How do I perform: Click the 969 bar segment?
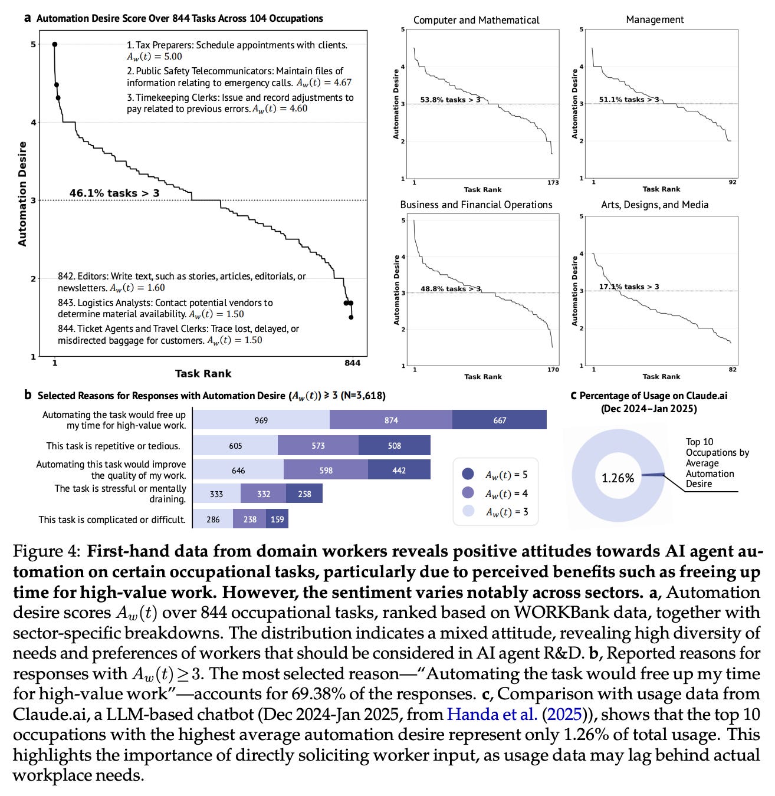click(x=261, y=420)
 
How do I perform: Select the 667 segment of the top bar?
click(x=500, y=420)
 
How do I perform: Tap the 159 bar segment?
click(x=277, y=519)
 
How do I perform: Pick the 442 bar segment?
click(x=399, y=471)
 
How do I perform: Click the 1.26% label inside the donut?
click(x=618, y=478)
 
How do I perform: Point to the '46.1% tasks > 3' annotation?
click(x=114, y=193)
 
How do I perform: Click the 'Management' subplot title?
click(x=655, y=19)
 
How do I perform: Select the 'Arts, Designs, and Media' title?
click(x=655, y=205)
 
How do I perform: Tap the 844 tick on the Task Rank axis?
click(x=352, y=363)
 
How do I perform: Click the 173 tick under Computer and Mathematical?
click(x=553, y=183)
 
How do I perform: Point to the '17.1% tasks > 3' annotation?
click(x=629, y=287)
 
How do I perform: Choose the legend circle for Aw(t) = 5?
click(x=468, y=474)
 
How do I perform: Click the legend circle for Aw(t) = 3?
click(x=468, y=511)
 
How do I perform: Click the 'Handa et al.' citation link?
click(x=492, y=714)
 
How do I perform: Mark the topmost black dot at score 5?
click(x=54, y=44)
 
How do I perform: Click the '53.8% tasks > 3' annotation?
click(x=450, y=100)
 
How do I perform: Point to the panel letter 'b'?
click(x=28, y=395)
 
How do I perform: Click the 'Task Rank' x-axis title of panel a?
click(x=203, y=374)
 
